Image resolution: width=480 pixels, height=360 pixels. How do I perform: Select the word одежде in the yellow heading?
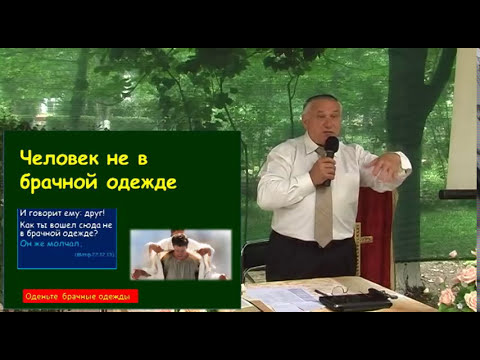pyautogui.click(x=144, y=183)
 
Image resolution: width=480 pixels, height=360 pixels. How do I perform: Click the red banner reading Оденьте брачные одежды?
pyautogui.click(x=80, y=297)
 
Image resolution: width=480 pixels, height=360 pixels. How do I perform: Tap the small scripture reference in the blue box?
pyautogui.click(x=95, y=256)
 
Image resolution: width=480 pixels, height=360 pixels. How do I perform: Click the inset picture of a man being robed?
pyautogui.click(x=181, y=255)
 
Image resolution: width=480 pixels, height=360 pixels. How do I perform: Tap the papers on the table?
pyautogui.click(x=285, y=296)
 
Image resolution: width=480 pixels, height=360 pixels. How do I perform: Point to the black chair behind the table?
pyautogui.click(x=254, y=259)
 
